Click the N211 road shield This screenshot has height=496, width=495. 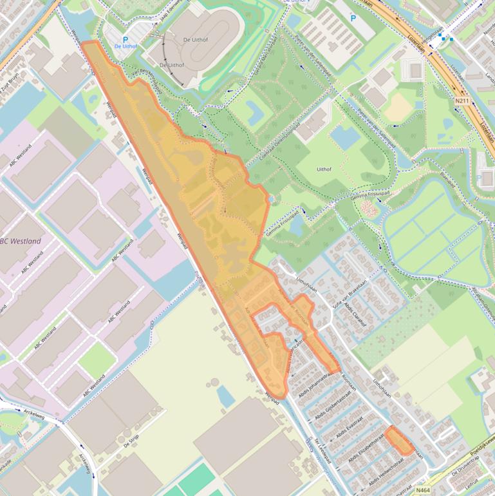(x=462, y=101)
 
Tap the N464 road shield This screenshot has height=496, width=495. (x=423, y=490)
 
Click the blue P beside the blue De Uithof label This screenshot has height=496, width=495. (x=126, y=39)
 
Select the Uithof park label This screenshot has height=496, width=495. (x=324, y=169)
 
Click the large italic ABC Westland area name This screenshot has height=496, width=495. (x=20, y=242)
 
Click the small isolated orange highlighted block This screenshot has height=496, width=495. (x=400, y=441)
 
